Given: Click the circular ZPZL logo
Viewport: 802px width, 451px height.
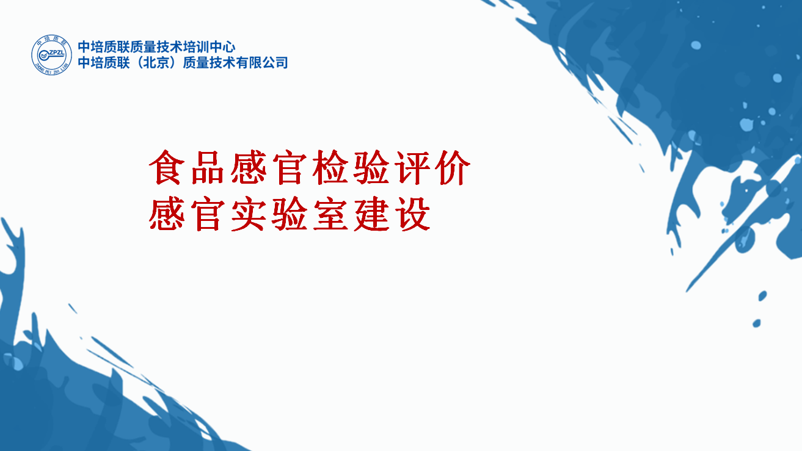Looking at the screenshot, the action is (x=51, y=55).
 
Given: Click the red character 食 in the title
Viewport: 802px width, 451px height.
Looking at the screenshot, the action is (x=165, y=167).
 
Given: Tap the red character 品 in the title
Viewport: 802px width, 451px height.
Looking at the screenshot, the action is (x=207, y=167).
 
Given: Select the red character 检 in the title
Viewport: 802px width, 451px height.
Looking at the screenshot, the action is (x=330, y=167).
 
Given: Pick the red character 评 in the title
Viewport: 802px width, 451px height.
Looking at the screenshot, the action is (x=412, y=167).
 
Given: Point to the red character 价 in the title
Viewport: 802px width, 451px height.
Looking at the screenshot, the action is (x=453, y=167).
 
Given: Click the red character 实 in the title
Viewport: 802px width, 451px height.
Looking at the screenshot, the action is (x=248, y=215).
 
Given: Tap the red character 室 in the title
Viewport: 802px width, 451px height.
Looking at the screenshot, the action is (x=330, y=215).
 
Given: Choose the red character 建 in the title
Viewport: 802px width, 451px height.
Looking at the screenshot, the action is (x=371, y=215).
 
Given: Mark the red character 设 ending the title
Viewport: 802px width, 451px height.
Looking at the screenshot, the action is (x=412, y=215).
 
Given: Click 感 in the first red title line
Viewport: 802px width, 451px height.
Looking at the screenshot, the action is (x=248, y=167).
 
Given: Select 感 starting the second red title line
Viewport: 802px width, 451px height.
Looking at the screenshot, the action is (x=166, y=215).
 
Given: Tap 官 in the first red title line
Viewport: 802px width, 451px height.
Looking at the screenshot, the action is (x=290, y=167).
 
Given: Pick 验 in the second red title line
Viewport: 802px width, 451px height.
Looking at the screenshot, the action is (x=290, y=215).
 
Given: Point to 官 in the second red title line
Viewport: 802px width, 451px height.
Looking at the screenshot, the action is (x=207, y=215).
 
